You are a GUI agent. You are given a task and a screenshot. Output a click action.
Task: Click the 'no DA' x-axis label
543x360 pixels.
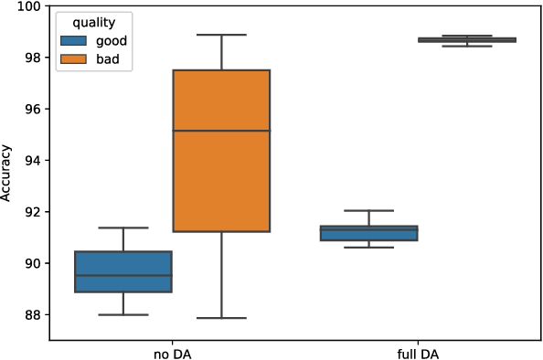tap(172, 352)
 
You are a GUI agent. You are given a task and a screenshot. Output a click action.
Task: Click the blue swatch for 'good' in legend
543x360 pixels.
tap(74, 41)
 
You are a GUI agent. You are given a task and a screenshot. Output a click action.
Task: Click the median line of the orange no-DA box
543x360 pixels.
tap(221, 131)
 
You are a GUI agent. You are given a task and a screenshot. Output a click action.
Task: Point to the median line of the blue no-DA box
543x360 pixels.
tap(122, 275)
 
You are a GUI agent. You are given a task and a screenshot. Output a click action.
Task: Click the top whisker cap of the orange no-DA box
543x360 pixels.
tap(221, 35)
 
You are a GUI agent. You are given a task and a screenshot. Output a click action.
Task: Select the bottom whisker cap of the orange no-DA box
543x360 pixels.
tap(221, 318)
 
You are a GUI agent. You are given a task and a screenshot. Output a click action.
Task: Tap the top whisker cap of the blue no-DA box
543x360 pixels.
tap(122, 228)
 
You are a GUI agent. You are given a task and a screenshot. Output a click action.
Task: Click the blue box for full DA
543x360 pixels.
tap(368, 234)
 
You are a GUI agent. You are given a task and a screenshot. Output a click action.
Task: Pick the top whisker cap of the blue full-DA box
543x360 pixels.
tap(368, 210)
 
